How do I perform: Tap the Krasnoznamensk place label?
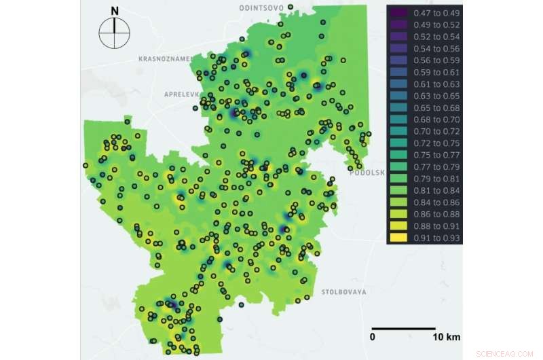(x=166, y=59)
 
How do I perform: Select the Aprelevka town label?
(x=179, y=94)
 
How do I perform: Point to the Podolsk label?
(x=367, y=173)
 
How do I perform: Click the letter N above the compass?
(x=115, y=11)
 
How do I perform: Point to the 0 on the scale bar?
(x=373, y=336)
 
